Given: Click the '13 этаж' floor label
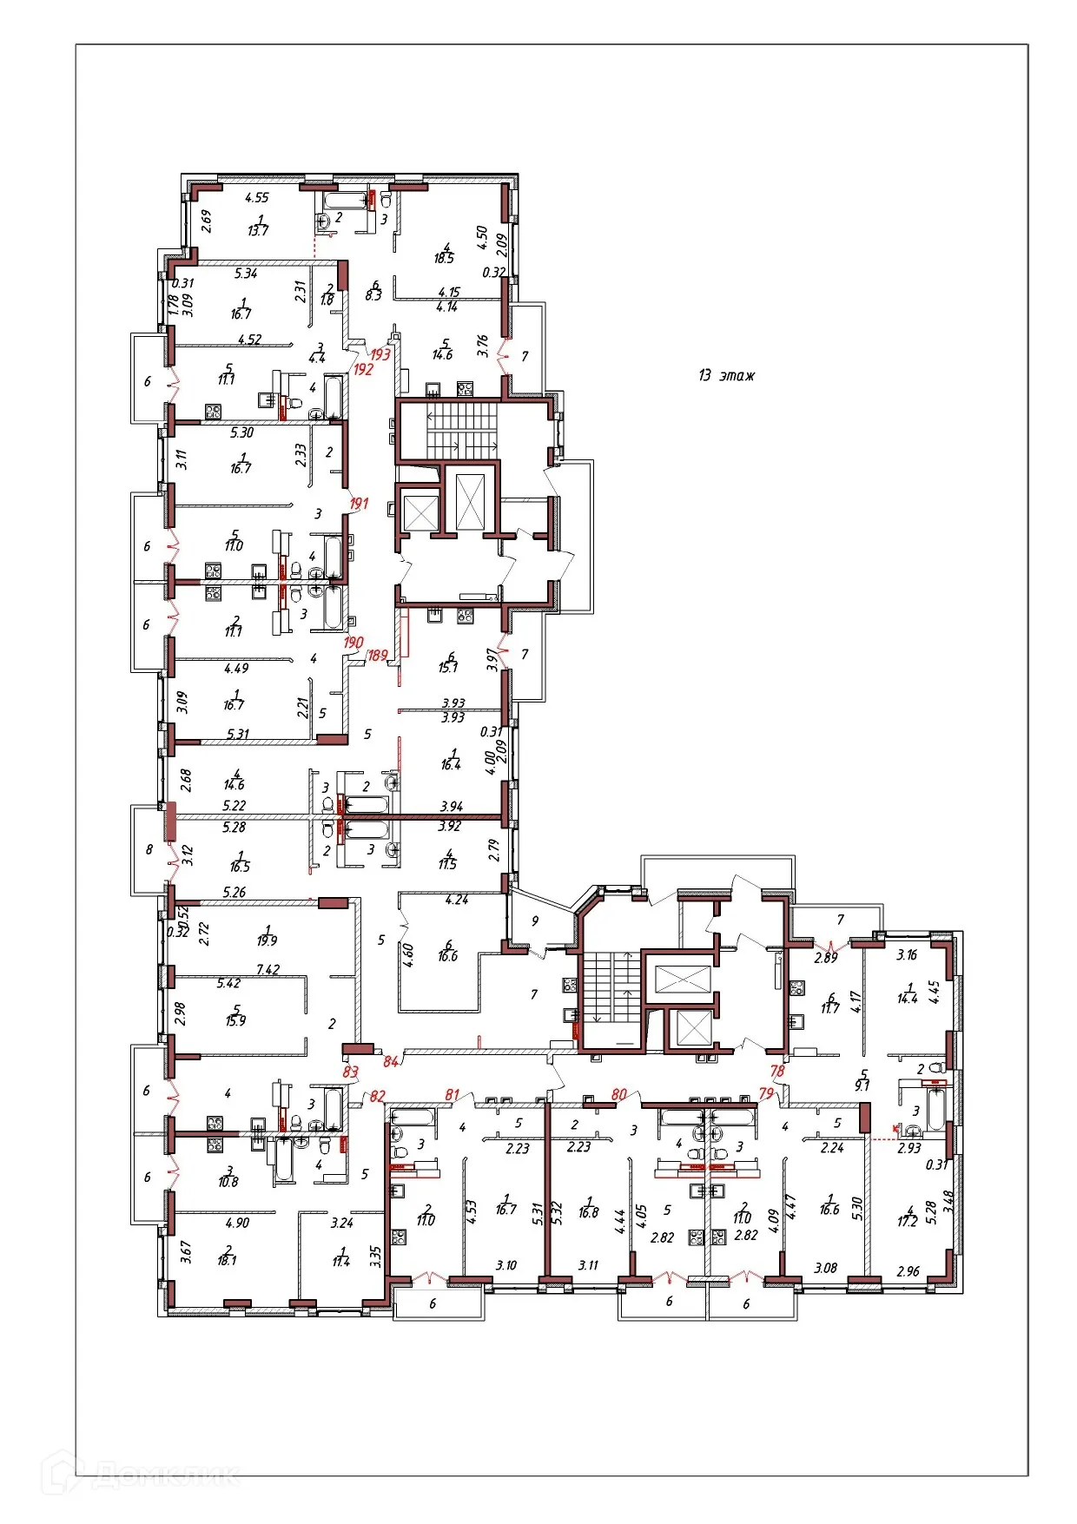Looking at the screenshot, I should click(726, 375).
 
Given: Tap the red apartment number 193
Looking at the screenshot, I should click(380, 354).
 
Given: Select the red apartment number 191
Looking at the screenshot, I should click(359, 503).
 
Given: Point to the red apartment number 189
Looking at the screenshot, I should click(378, 656).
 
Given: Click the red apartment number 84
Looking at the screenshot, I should click(391, 1061).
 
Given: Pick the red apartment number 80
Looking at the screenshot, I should click(618, 1094).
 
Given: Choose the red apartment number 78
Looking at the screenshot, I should click(776, 1071).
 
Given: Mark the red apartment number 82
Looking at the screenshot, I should click(377, 1096).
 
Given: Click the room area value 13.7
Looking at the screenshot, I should click(258, 231).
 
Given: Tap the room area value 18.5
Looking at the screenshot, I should click(444, 258).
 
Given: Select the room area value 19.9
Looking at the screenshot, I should click(267, 940).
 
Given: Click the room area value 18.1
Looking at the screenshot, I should click(227, 1260).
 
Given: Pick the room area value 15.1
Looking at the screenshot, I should click(448, 667).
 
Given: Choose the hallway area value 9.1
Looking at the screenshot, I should click(862, 1085).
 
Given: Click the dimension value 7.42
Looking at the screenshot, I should click(268, 969).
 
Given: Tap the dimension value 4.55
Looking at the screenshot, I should click(257, 197).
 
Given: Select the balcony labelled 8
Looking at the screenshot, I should click(149, 849).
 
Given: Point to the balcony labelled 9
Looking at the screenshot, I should click(535, 920).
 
